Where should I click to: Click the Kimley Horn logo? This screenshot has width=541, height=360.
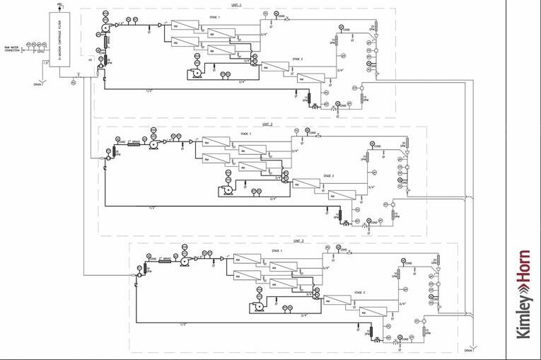pyautogui.click(x=523, y=294)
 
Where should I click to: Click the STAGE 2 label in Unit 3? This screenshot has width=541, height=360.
pyautogui.click(x=359, y=291)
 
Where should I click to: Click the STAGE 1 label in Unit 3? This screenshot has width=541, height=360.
pyautogui.click(x=277, y=250)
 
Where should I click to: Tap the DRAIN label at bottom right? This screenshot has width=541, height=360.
pyautogui.click(x=467, y=349)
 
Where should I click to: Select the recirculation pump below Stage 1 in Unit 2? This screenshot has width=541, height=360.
pyautogui.click(x=227, y=190)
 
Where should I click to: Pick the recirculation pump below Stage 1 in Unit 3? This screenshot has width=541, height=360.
pyautogui.click(x=257, y=308)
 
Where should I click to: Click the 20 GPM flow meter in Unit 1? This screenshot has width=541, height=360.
pyautogui.click(x=376, y=30)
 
